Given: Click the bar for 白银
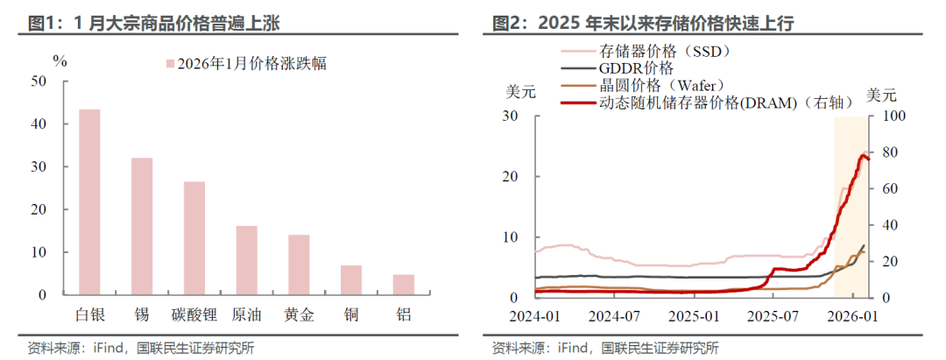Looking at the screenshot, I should pos(89,201).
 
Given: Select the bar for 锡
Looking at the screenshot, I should pos(142,226).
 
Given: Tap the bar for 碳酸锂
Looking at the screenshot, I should pos(194,237).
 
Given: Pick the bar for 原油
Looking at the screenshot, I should pos(246,259).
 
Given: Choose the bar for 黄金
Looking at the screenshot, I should pos(299,264).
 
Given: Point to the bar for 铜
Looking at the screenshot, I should pos(350,279).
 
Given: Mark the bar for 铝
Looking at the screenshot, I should pos(403,284).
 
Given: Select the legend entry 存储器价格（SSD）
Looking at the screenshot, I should pos(666,51).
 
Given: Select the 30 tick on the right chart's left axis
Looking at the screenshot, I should pos(512,116).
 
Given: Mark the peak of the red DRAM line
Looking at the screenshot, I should pos(864,155).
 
